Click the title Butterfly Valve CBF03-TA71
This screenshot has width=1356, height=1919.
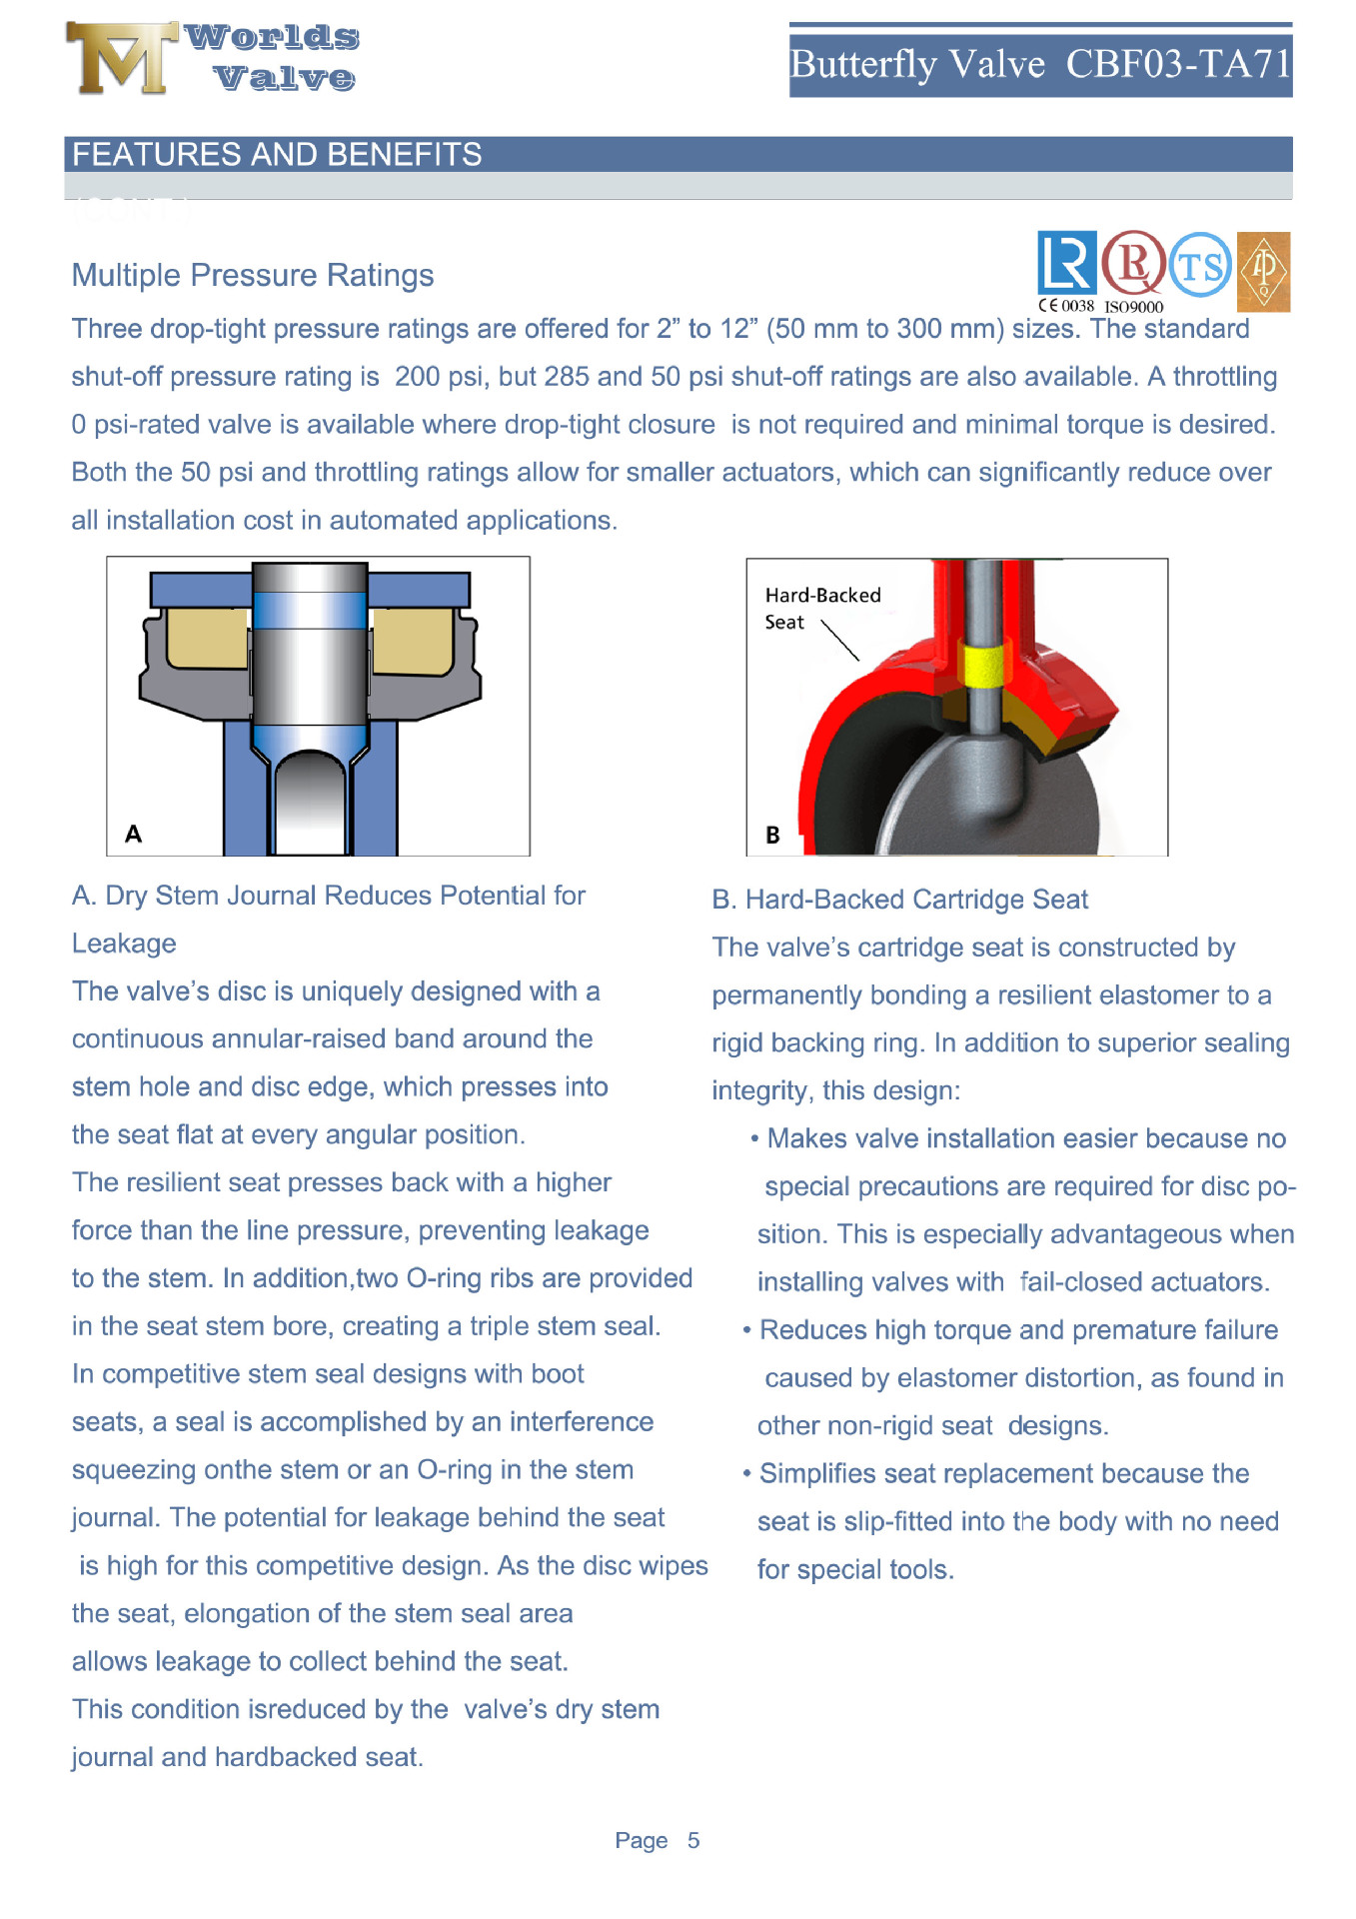point(1040,65)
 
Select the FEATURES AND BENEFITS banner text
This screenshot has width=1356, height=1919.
point(277,155)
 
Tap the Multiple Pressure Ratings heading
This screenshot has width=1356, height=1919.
point(253,275)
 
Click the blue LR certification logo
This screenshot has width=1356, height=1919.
point(1066,263)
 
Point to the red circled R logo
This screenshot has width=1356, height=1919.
point(1133,263)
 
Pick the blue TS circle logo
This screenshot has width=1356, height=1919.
point(1200,265)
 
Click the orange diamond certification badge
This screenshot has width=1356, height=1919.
point(1263,271)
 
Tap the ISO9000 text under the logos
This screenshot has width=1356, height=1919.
point(1133,307)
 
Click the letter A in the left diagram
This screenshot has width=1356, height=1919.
point(133,834)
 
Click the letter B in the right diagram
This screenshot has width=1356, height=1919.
point(772,835)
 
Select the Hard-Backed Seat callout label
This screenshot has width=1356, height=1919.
point(821,608)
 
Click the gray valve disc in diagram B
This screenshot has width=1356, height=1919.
point(959,800)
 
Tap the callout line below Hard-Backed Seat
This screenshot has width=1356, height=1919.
point(840,640)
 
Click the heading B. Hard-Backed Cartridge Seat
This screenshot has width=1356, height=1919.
point(899,900)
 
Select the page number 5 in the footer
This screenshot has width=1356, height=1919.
point(693,1840)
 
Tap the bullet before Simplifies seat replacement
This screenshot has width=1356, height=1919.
point(747,1473)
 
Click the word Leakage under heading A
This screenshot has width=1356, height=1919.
point(124,944)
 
